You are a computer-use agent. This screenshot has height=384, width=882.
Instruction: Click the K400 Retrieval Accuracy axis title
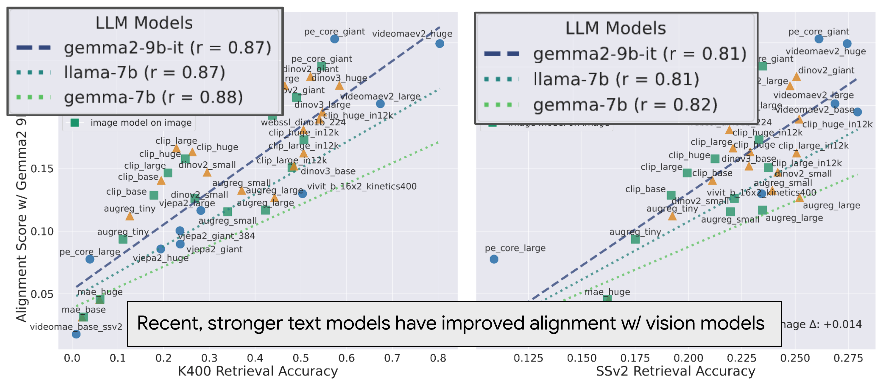258,371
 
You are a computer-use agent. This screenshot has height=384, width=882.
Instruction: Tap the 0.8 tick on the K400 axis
438,358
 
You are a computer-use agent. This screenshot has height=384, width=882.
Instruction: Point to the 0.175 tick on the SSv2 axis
635,358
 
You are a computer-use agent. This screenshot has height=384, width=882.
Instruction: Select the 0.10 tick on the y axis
42,231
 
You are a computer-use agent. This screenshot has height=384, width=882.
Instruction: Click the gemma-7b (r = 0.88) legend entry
153,98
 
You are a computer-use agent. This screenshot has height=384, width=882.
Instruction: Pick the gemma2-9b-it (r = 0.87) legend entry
167,48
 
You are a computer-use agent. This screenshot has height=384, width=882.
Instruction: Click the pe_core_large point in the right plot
494,259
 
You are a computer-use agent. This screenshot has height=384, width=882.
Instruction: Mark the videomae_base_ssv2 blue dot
76,334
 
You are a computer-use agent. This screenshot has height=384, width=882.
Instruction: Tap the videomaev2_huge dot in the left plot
440,43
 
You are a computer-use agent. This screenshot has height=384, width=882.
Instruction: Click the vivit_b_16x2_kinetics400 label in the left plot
361,187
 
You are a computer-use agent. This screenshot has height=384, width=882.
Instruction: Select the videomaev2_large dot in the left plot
380,104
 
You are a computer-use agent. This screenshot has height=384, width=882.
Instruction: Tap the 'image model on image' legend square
74,123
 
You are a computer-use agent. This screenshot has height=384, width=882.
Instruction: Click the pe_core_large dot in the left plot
90,259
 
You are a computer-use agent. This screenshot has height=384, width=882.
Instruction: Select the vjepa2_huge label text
160,258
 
